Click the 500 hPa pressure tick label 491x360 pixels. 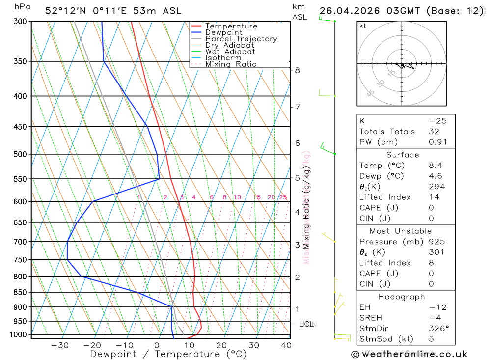[x=20, y=154]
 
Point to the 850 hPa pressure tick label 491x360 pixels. [x=20, y=292]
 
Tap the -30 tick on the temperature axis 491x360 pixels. [x=60, y=345]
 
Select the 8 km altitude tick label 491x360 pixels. [x=298, y=70]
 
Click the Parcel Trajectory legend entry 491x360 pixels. [x=241, y=39]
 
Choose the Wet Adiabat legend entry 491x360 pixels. [x=230, y=52]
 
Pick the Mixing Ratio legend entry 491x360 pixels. [x=231, y=64]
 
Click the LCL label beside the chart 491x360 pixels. [x=307, y=324]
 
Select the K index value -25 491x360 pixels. [x=434, y=121]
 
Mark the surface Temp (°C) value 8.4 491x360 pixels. [x=435, y=166]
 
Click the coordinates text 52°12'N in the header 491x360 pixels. [x=67, y=11]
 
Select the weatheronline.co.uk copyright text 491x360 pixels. [x=409, y=354]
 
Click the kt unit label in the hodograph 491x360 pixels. [x=363, y=26]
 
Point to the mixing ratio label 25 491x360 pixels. [x=283, y=197]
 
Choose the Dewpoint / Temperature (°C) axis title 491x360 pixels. [x=168, y=354]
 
